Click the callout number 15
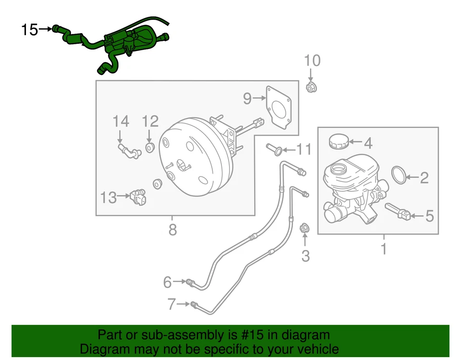click(29, 30)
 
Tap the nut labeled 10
click(311, 87)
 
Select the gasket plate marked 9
click(279, 108)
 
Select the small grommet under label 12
click(149, 146)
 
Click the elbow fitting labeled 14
click(128, 150)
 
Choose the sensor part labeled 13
click(138, 196)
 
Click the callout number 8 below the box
click(172, 230)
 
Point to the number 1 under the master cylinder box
click(383, 249)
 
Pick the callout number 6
click(167, 282)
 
